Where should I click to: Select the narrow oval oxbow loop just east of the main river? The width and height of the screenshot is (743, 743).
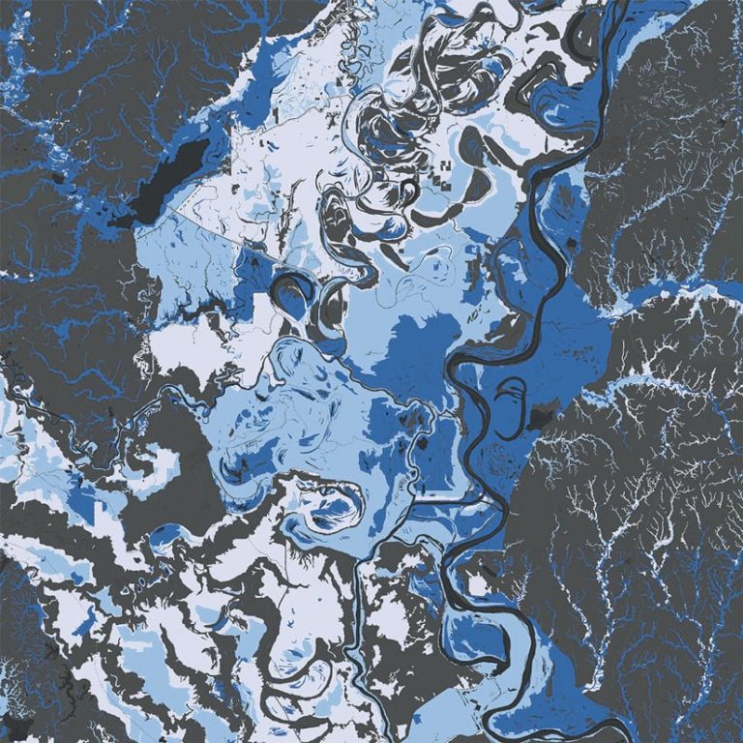[x=511, y=397]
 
